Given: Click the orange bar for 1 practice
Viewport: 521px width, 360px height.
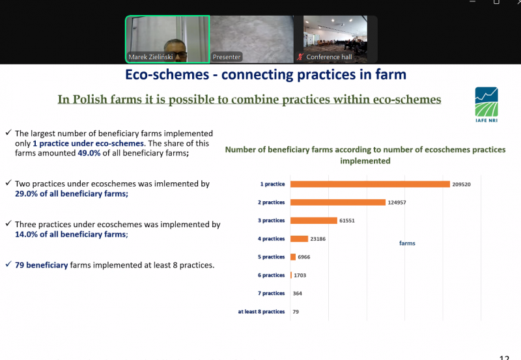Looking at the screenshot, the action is point(370,184).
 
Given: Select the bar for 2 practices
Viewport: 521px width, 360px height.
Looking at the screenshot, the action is point(338,202).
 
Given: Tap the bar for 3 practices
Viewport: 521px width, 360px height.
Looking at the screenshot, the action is point(314,221).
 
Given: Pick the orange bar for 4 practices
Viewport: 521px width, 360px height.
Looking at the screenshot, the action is point(299,239).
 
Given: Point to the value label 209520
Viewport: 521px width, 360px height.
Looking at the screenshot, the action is point(461,184).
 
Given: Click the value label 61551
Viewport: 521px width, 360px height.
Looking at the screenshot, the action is point(347,221).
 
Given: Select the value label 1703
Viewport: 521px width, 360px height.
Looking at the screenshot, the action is point(300,275).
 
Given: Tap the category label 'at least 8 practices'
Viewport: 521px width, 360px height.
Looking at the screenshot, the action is point(261,312).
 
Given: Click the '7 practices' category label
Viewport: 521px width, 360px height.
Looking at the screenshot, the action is point(271,293).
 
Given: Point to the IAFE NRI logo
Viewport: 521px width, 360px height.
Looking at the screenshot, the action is point(486,105).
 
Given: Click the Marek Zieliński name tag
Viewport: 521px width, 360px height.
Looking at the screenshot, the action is point(150,57).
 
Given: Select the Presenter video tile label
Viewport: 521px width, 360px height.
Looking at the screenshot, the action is point(227,57).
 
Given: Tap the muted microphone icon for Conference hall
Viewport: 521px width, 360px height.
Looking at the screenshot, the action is point(300,57).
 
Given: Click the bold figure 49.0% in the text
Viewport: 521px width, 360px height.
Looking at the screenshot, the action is point(89,153).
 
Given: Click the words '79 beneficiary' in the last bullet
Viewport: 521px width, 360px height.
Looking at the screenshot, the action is point(41,265).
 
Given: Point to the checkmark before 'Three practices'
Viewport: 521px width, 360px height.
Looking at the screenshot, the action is point(8,223).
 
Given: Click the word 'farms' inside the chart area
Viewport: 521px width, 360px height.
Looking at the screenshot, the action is point(407,243).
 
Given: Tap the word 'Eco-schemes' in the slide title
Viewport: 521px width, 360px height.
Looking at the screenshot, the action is point(167,74).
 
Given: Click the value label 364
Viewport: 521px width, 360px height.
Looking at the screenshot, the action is point(298,294).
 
